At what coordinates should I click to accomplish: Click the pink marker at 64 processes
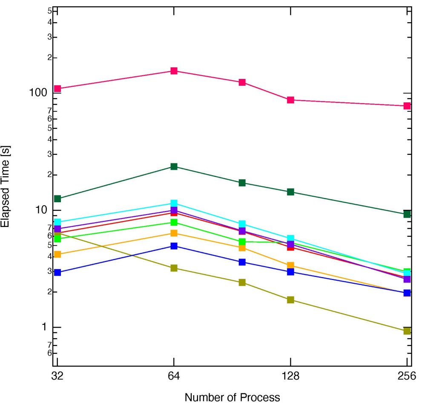pos(174,71)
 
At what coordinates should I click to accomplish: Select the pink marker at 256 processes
pos(407,106)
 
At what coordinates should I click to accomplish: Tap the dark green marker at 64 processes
pos(174,166)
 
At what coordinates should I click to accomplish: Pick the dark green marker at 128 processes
pos(290,192)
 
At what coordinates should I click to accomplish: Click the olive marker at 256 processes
pos(407,331)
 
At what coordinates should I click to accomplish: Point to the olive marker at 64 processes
pos(174,268)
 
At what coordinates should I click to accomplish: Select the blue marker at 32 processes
pos(57,272)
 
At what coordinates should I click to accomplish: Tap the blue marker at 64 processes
pos(174,246)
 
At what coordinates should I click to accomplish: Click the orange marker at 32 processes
pos(57,254)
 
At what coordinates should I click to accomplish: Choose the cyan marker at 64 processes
pos(174,203)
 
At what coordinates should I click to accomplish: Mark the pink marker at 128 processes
pos(290,100)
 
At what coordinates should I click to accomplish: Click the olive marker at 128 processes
pos(290,300)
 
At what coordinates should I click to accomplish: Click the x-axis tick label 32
pos(57,376)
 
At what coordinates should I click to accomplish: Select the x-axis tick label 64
pos(174,376)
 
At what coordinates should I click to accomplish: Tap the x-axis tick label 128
pos(290,376)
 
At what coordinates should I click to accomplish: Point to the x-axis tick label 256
pos(407,376)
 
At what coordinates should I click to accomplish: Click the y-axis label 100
pos(38,93)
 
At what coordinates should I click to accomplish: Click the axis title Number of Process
pos(232,397)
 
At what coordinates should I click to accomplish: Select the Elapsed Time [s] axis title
pos(6,188)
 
